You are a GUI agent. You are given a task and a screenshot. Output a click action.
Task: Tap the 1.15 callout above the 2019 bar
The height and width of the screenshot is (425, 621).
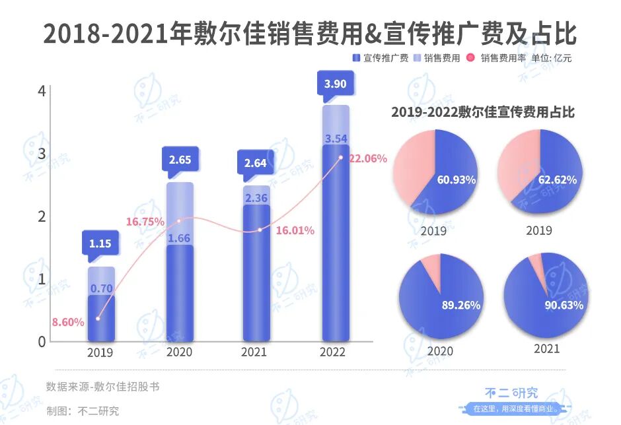tap(100, 244)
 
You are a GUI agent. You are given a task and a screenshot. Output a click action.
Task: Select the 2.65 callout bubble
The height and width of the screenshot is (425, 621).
tap(180, 160)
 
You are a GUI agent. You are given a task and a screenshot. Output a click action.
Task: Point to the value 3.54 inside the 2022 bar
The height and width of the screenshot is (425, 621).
tap(336, 139)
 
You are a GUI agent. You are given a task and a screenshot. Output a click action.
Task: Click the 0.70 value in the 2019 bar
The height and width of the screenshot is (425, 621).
tap(100, 288)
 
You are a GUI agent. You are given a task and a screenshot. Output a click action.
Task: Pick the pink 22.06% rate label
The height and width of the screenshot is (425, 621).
tap(367, 158)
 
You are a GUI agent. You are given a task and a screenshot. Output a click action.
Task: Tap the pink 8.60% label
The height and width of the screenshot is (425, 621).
tap(69, 322)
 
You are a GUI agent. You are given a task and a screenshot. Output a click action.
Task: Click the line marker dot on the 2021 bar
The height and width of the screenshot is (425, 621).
tap(260, 230)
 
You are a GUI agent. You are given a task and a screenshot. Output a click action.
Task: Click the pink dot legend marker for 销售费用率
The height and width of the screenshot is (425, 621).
tap(471, 58)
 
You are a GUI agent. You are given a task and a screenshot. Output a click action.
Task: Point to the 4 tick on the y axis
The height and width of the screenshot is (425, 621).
tap(42, 91)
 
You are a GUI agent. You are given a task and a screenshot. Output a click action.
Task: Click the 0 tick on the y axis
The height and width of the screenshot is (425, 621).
tap(42, 341)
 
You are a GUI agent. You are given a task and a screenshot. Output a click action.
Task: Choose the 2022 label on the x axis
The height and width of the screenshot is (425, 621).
tap(332, 352)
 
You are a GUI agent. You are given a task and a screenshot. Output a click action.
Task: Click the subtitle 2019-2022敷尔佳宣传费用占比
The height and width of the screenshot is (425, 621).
tap(482, 112)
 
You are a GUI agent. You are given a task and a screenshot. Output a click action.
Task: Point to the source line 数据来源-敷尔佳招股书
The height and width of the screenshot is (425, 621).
tap(102, 387)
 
